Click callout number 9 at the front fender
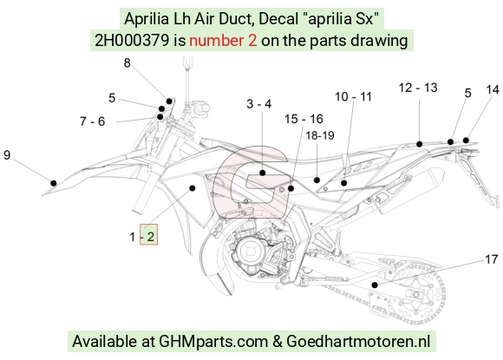(x=7, y=155)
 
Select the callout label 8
(x=127, y=62)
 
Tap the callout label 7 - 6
(x=93, y=121)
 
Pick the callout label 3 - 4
(x=259, y=104)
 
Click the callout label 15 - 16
(x=304, y=119)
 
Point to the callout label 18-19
(x=320, y=135)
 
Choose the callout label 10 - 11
(x=353, y=97)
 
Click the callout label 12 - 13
(x=418, y=88)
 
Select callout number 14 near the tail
(x=493, y=90)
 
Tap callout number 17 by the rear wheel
(x=492, y=259)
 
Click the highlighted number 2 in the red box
(x=150, y=237)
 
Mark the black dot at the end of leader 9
(x=54, y=183)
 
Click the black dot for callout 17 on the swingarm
(x=375, y=285)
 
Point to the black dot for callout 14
(x=466, y=141)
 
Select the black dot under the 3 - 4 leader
(x=263, y=173)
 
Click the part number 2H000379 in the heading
(x=132, y=41)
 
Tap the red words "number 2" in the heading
(x=223, y=41)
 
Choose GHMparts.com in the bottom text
(x=213, y=342)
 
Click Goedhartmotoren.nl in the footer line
(x=358, y=341)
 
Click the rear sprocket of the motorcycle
(x=417, y=294)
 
